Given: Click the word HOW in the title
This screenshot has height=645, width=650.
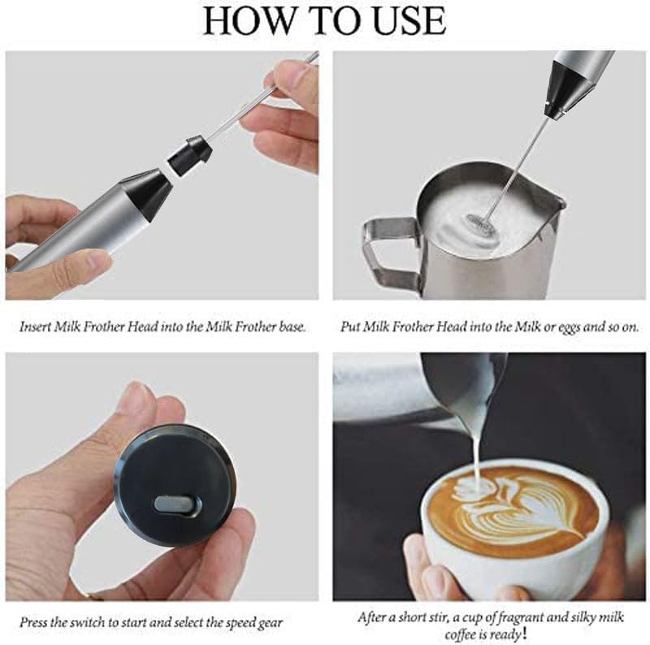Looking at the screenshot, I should coord(245,20).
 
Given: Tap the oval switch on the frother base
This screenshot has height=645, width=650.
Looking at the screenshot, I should coord(176,504).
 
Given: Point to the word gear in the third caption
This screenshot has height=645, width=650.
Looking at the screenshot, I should coord(268,623).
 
